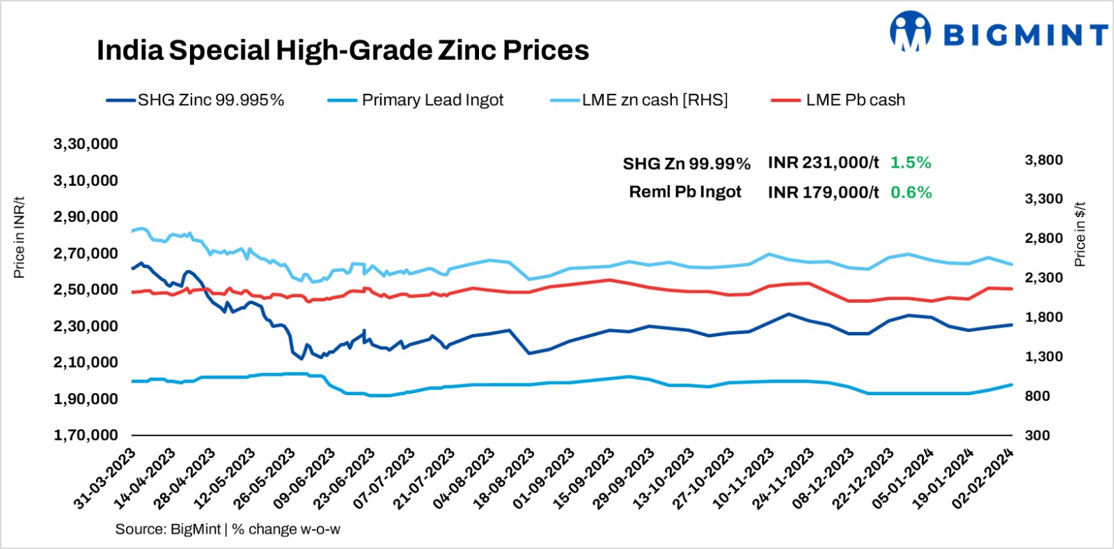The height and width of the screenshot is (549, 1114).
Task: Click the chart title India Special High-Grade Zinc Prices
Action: pyautogui.click(x=343, y=50)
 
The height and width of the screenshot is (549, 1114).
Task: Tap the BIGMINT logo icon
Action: pyautogui.click(x=910, y=32)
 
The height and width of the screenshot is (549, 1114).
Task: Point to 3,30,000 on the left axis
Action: pyautogui.click(x=86, y=144)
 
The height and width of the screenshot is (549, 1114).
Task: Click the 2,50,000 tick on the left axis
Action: pyautogui.click(x=86, y=289)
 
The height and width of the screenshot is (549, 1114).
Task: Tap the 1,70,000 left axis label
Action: pyautogui.click(x=86, y=435)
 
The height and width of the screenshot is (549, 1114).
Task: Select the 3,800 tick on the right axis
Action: pyautogui.click(x=1044, y=160)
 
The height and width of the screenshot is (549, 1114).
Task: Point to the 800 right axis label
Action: pyautogui.click(x=1037, y=396)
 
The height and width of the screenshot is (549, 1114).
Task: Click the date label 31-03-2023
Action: pyautogui.click(x=104, y=479)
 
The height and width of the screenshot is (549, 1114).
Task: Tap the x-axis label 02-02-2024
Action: pyautogui.click(x=983, y=479)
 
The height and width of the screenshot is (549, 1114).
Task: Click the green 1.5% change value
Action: pyautogui.click(x=911, y=163)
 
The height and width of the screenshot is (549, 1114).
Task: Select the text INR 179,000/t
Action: pyautogui.click(x=823, y=193)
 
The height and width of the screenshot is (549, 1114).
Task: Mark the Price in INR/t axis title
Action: pyautogui.click(x=19, y=237)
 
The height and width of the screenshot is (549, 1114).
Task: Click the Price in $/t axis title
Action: pyautogui.click(x=1080, y=234)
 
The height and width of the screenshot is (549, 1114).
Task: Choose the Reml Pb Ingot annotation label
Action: pyautogui.click(x=685, y=192)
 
